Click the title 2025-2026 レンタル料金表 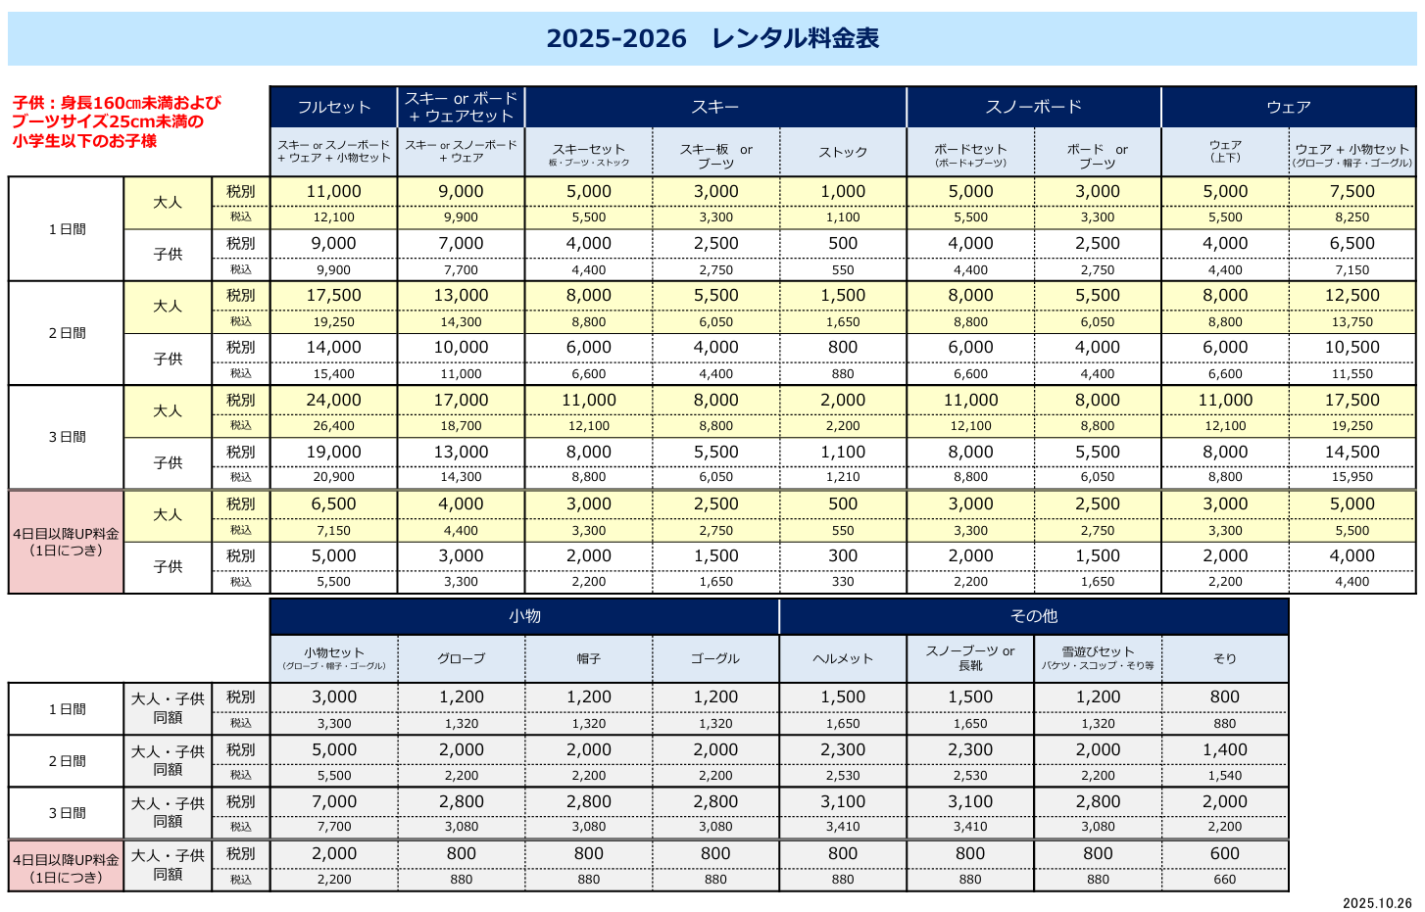712,38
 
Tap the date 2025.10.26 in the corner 1377,903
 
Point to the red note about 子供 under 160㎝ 117,121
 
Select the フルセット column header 334,107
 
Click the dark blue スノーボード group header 1034,107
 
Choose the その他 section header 1034,616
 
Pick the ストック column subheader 843,152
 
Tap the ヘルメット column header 843,658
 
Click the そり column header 1225,658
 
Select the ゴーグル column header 715,658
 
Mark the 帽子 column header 589,658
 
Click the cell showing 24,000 334,400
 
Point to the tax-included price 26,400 334,426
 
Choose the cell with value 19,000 334,452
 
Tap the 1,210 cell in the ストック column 843,477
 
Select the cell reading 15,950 1352,477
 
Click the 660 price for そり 1225,880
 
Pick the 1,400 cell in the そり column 1225,749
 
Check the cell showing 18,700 462,426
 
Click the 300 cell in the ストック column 843,555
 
